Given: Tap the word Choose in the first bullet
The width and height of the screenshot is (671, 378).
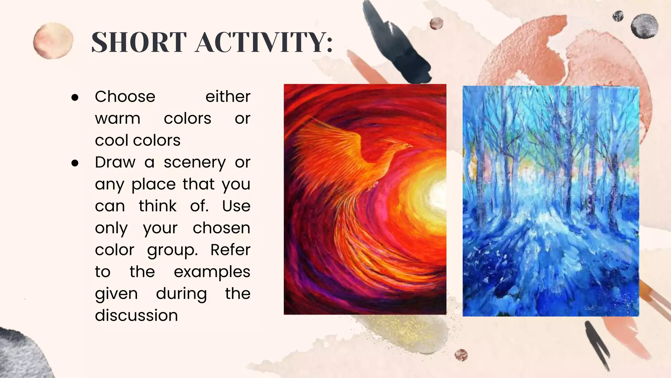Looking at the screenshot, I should [125, 97].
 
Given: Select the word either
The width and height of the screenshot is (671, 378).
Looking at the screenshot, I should [228, 97].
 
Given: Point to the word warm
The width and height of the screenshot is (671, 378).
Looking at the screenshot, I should [118, 118].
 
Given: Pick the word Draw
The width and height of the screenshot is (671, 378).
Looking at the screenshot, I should [115, 162].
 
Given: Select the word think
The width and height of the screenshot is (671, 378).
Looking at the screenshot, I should [158, 206].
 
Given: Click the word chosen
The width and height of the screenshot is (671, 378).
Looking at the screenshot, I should [221, 228].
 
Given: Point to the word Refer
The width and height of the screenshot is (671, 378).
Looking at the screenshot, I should [230, 250].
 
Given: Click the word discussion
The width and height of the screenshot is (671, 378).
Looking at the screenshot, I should [136, 316].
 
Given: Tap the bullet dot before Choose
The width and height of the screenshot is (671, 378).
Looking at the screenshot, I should [75, 97].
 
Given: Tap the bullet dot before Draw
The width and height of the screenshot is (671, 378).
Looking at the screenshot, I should [75, 163].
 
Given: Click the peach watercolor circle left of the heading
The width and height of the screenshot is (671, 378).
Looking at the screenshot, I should [53, 41].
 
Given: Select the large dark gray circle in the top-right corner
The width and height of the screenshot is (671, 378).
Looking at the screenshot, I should [644, 26].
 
